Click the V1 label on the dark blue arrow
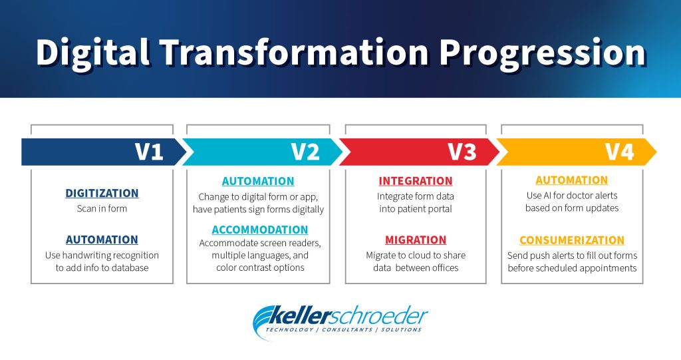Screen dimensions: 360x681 [x=149, y=152]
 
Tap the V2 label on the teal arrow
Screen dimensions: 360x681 [x=305, y=152]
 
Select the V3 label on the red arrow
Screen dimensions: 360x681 [x=462, y=152]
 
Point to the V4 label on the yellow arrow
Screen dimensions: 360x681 [x=618, y=152]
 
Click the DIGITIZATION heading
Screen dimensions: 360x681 [x=102, y=193]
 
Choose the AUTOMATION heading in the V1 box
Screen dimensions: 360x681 [x=102, y=240]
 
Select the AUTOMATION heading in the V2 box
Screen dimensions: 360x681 [x=258, y=181]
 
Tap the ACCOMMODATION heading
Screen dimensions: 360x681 [x=260, y=230]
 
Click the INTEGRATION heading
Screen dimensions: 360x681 [x=416, y=181]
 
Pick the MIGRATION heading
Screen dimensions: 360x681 [x=416, y=240]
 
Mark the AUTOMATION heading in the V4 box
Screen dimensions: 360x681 [x=572, y=180]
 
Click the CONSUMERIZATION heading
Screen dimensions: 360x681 [x=572, y=240]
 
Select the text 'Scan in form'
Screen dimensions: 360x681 [x=102, y=208]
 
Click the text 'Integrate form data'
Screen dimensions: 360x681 [x=416, y=196]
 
